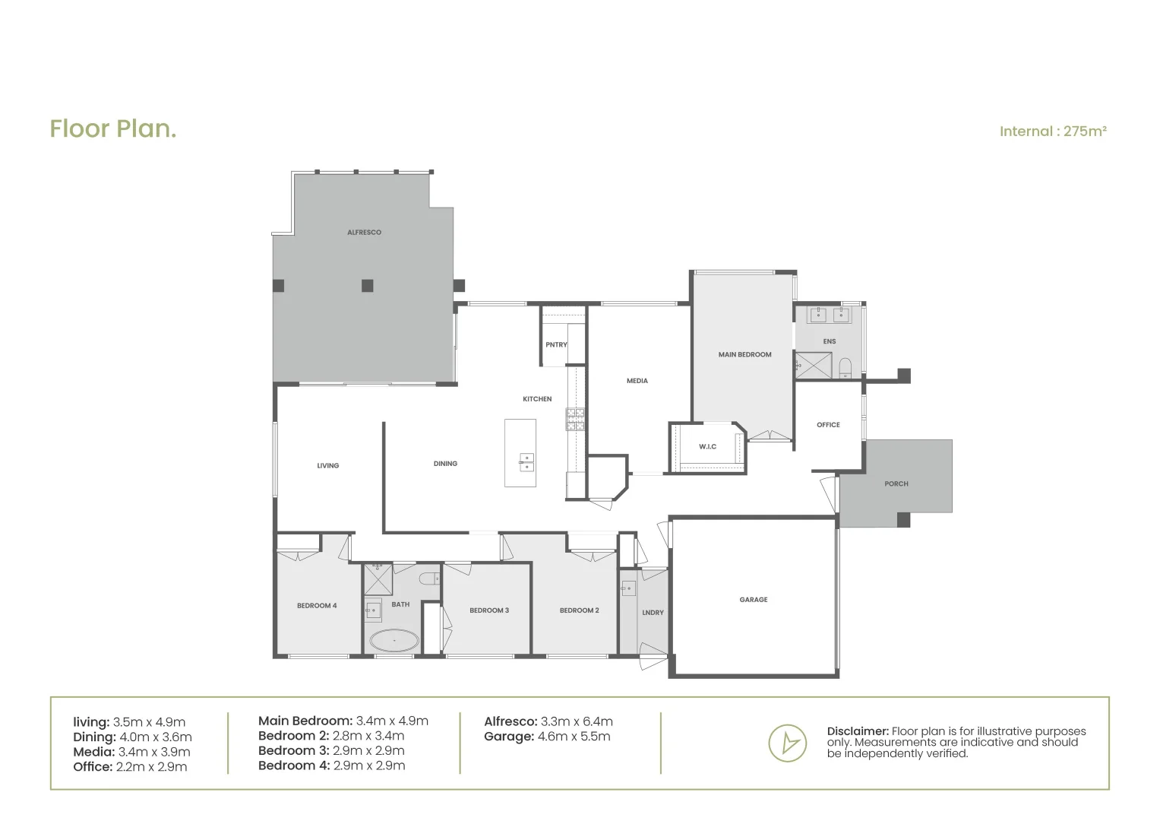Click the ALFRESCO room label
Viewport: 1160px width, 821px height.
(x=364, y=233)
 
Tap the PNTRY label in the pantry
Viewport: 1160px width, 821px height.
(x=556, y=345)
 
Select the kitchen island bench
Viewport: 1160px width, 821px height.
(x=520, y=453)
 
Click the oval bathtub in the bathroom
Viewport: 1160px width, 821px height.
(x=394, y=640)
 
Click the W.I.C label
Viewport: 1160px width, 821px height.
(x=707, y=447)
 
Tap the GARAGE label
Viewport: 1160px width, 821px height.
(x=754, y=600)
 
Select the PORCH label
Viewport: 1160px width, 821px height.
(x=896, y=483)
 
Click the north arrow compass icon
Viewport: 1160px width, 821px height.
(x=787, y=743)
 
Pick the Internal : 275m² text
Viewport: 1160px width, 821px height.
(x=1053, y=132)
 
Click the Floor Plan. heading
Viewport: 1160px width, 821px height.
(x=113, y=128)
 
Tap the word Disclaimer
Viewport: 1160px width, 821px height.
(x=857, y=731)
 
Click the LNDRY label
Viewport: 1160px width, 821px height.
(x=653, y=613)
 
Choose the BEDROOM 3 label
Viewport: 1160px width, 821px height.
(x=489, y=610)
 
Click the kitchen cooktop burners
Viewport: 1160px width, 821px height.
(x=575, y=420)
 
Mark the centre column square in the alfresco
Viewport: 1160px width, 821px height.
(x=367, y=286)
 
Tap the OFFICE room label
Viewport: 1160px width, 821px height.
(x=828, y=425)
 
